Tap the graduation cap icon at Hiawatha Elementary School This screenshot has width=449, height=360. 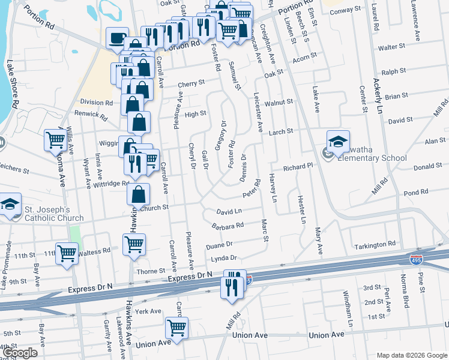(338, 142)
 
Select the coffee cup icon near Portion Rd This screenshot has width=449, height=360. (116, 38)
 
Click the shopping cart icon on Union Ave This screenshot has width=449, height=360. (176, 328)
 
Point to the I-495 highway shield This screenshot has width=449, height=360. (416, 260)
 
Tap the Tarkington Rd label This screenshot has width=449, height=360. (376, 244)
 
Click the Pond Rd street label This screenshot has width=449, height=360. (416, 193)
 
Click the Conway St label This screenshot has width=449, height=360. (346, 10)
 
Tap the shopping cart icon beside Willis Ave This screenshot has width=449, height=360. (56, 140)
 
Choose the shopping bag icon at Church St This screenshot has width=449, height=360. (139, 194)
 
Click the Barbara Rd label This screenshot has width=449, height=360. (228, 226)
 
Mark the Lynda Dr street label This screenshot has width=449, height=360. (224, 258)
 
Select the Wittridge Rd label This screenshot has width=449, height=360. (111, 184)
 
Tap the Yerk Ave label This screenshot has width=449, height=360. (149, 311)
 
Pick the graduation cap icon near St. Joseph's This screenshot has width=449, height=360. (9, 204)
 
